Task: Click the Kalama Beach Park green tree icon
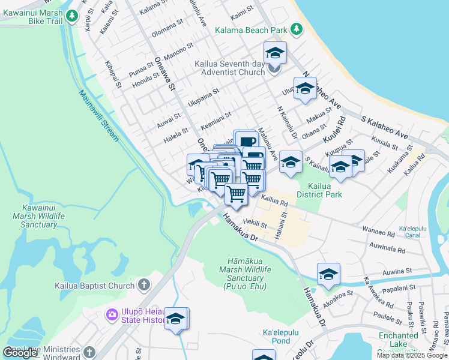(x=296, y=29)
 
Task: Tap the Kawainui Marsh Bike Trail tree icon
(x=72, y=16)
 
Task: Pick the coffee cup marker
(x=246, y=142)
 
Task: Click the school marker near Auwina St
(x=328, y=274)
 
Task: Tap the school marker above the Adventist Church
(x=275, y=53)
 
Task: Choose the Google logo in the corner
(x=20, y=352)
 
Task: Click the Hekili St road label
(x=256, y=223)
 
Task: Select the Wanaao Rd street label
(x=379, y=229)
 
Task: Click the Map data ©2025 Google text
(x=412, y=355)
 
